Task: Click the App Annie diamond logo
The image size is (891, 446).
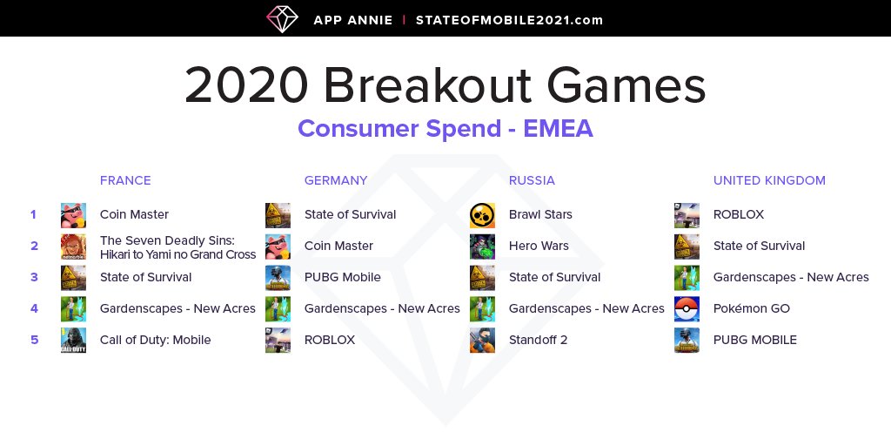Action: pyautogui.click(x=283, y=19)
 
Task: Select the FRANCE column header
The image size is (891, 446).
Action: pyautogui.click(x=125, y=180)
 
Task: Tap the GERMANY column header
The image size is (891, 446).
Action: pyautogui.click(x=336, y=180)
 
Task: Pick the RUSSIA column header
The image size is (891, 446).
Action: pyautogui.click(x=532, y=180)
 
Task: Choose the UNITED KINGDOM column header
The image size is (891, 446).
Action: pyautogui.click(x=769, y=180)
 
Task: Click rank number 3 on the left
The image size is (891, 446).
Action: pyautogui.click(x=34, y=278)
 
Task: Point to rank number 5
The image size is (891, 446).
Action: pyautogui.click(x=34, y=341)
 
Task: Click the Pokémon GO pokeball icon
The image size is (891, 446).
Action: pyautogui.click(x=687, y=309)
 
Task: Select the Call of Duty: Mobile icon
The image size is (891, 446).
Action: pyautogui.click(x=73, y=341)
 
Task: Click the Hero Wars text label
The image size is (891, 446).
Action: pyautogui.click(x=539, y=247)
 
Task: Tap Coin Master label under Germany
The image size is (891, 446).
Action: pyautogui.click(x=338, y=247)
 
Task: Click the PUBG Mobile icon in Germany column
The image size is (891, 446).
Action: pyautogui.click(x=278, y=278)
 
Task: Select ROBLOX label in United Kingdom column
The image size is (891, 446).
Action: pyautogui.click(x=739, y=215)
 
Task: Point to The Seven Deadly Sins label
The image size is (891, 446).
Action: pyautogui.click(x=178, y=247)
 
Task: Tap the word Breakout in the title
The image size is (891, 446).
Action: pyautogui.click(x=428, y=84)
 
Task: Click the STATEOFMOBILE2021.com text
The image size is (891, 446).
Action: pyautogui.click(x=509, y=21)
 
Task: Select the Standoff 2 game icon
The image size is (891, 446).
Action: pyautogui.click(x=482, y=341)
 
